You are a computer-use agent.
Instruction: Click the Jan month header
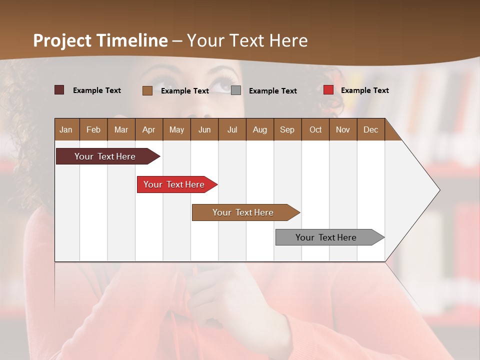pyautogui.click(x=66, y=129)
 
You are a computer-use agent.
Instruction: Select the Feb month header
pyautogui.click(x=93, y=129)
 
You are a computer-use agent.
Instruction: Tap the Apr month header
pyautogui.click(x=148, y=129)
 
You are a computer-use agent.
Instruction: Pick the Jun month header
pyautogui.click(x=204, y=129)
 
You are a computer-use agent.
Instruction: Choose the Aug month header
pyautogui.click(x=259, y=129)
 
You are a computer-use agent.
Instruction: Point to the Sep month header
pyautogui.click(x=287, y=129)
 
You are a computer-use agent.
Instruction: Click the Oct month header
pyautogui.click(x=315, y=129)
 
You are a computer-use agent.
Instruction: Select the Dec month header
pyautogui.click(x=370, y=129)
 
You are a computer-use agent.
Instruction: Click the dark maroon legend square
pyautogui.click(x=59, y=90)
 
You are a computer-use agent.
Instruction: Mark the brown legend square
pyautogui.click(x=147, y=90)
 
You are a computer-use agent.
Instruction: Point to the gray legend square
pyautogui.click(x=236, y=90)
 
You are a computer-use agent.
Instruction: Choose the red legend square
pyautogui.click(x=328, y=90)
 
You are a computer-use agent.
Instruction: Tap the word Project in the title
pyautogui.click(x=62, y=40)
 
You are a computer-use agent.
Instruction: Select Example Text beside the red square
pyautogui.click(x=364, y=90)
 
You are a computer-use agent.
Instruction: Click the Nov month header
pyautogui.click(x=342, y=129)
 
